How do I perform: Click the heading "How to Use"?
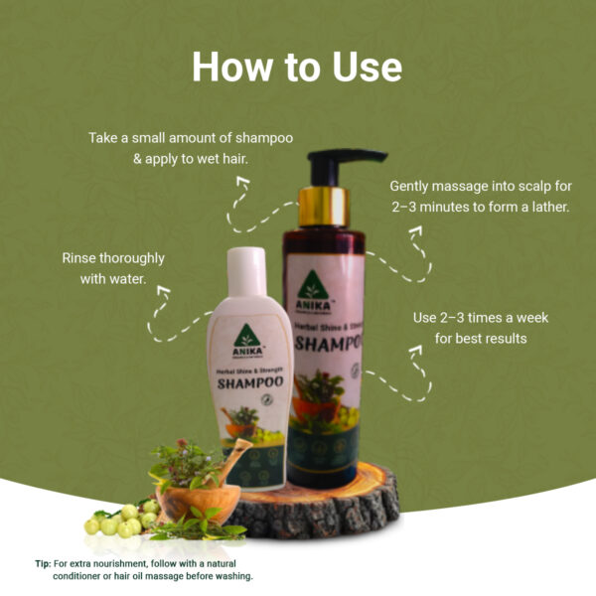pyautogui.click(x=297, y=67)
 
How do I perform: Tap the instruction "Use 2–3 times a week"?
pyautogui.click(x=480, y=318)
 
